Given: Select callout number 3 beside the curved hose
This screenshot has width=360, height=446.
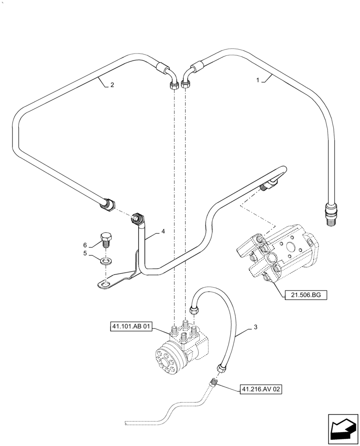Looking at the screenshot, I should [x=255, y=328].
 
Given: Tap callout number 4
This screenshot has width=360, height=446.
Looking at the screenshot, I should [x=163, y=231].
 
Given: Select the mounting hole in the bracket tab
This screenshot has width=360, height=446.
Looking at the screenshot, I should [x=104, y=283].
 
